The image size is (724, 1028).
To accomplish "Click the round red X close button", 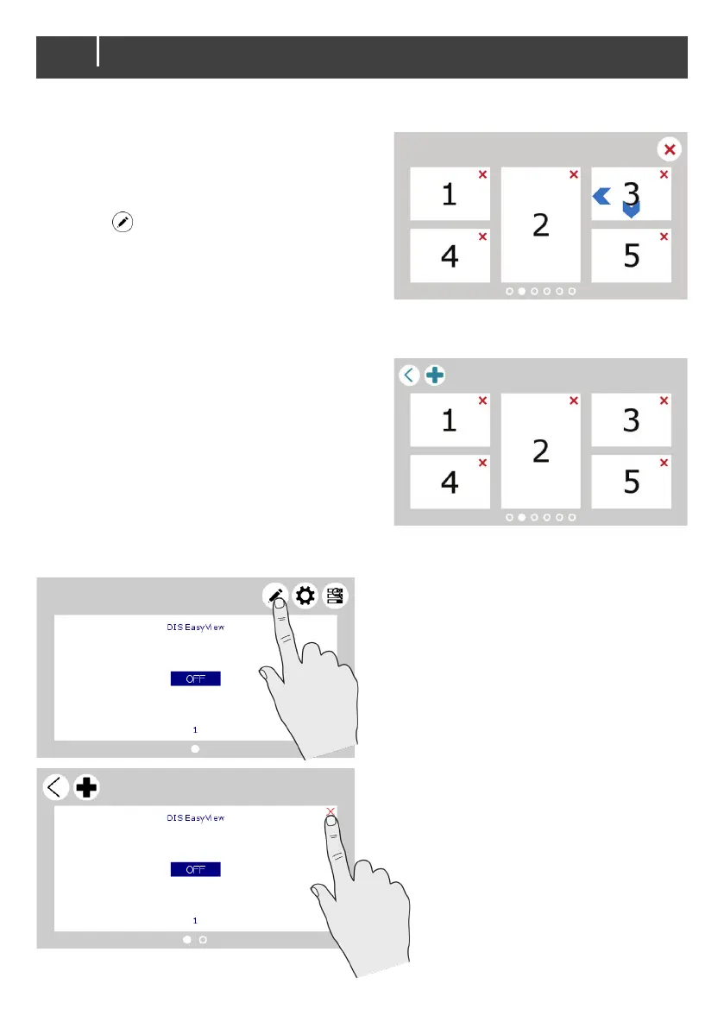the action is (669, 149).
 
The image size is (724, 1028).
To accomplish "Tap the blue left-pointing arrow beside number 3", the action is (601, 197).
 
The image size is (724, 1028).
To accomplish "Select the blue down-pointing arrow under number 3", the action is (632, 210).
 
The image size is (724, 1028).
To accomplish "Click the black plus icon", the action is (86, 787).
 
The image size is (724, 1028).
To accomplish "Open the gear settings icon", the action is (305, 596).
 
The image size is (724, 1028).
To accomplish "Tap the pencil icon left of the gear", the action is (276, 596).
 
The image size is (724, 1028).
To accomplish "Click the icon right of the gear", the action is (333, 596).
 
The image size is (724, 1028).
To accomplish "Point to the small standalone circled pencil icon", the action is (123, 222).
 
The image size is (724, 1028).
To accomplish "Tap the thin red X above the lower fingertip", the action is (331, 811).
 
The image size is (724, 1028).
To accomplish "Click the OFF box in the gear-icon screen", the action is (195, 679).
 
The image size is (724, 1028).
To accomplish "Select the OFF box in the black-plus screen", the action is (195, 869).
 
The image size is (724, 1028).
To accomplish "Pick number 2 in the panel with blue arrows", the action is (541, 224).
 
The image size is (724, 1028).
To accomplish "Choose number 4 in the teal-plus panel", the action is (450, 482).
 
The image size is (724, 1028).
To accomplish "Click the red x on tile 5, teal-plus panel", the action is (664, 463).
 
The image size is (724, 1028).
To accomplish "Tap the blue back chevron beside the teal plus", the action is (409, 375).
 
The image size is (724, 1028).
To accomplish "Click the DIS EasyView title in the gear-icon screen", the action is (195, 628).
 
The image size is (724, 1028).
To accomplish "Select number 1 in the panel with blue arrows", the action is (450, 194).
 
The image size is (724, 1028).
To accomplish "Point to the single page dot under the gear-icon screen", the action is (195, 749).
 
